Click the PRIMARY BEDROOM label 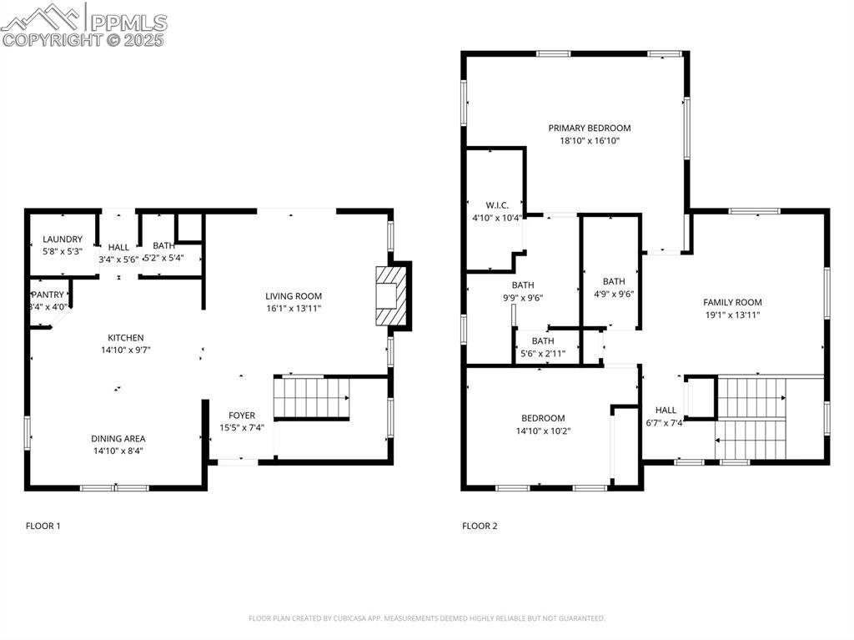590,129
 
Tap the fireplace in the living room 392,296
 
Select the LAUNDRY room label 63,239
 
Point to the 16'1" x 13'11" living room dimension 294,309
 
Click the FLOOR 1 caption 43,526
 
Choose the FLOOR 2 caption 480,526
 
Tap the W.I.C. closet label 497,205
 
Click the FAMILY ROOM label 732,303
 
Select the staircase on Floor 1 312,398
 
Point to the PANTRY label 48,295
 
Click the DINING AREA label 118,439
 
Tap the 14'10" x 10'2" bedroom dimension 543,431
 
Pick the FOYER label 242,416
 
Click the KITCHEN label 126,338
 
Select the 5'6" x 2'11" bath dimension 543,354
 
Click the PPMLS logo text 128,22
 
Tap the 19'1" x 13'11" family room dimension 732,315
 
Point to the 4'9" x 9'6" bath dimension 614,295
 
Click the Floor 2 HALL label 666,411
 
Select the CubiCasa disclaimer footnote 427,618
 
